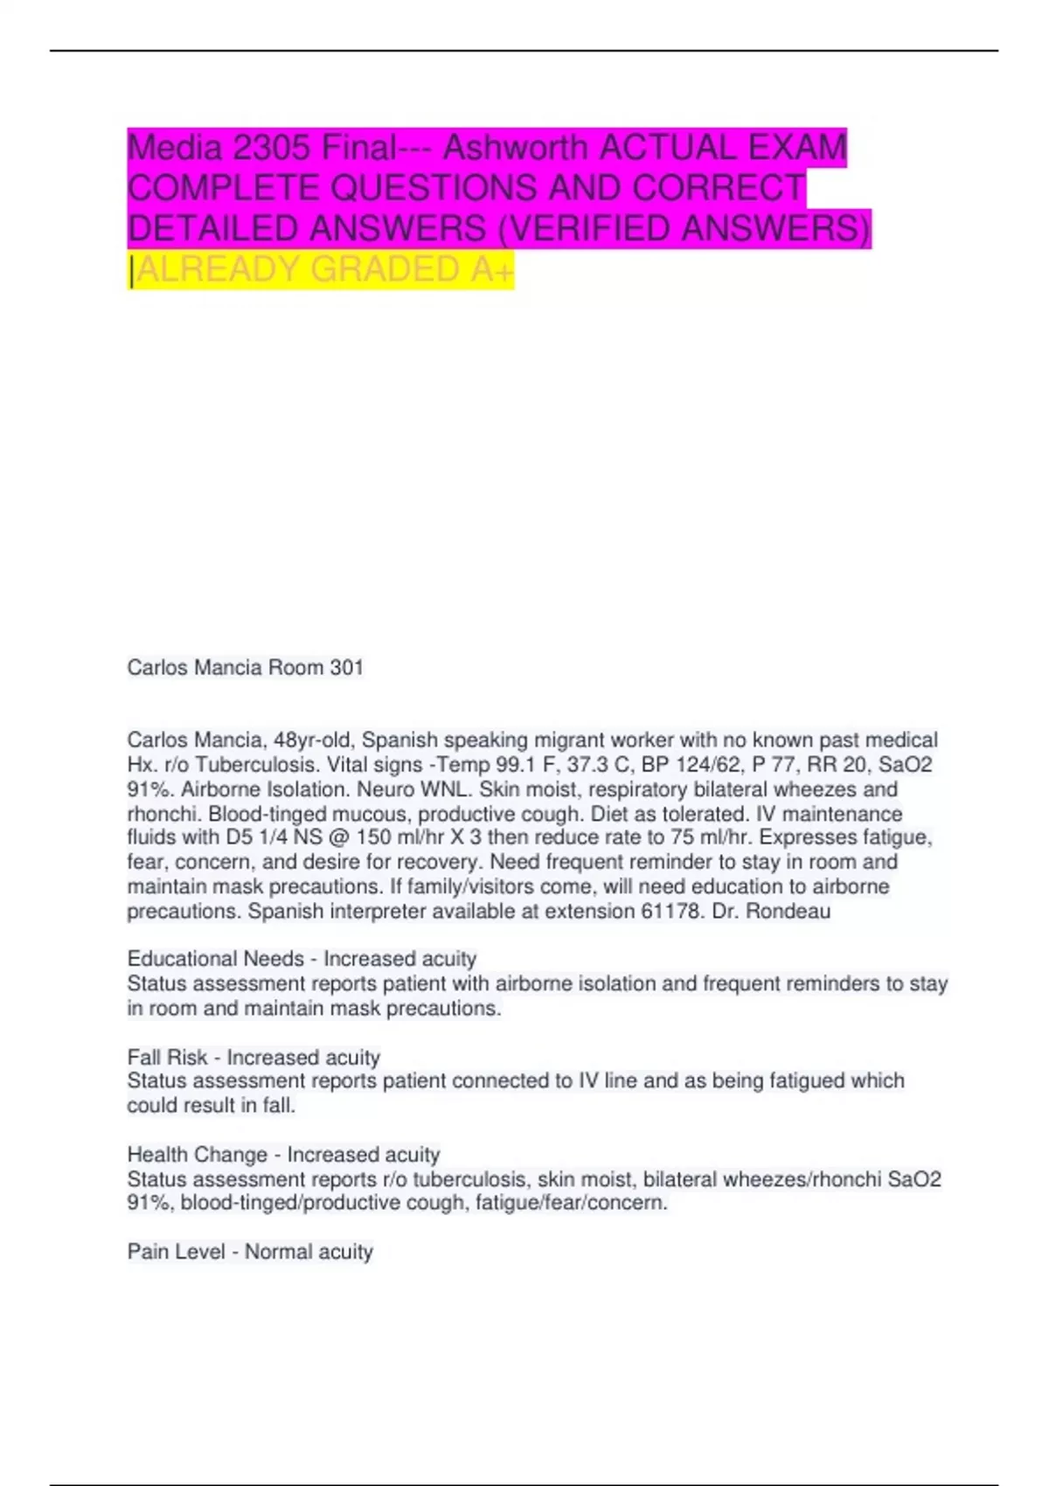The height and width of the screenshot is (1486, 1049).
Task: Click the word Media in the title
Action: tap(174, 148)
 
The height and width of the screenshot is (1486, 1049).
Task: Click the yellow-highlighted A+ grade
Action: tap(492, 270)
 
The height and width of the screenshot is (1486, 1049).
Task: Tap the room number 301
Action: tap(346, 668)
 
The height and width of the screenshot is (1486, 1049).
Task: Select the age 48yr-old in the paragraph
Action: tap(315, 740)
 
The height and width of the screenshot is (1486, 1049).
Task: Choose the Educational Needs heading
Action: tap(215, 959)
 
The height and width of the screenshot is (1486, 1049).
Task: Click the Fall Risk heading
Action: tap(167, 1057)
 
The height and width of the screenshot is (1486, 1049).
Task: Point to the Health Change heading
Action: tap(198, 1155)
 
